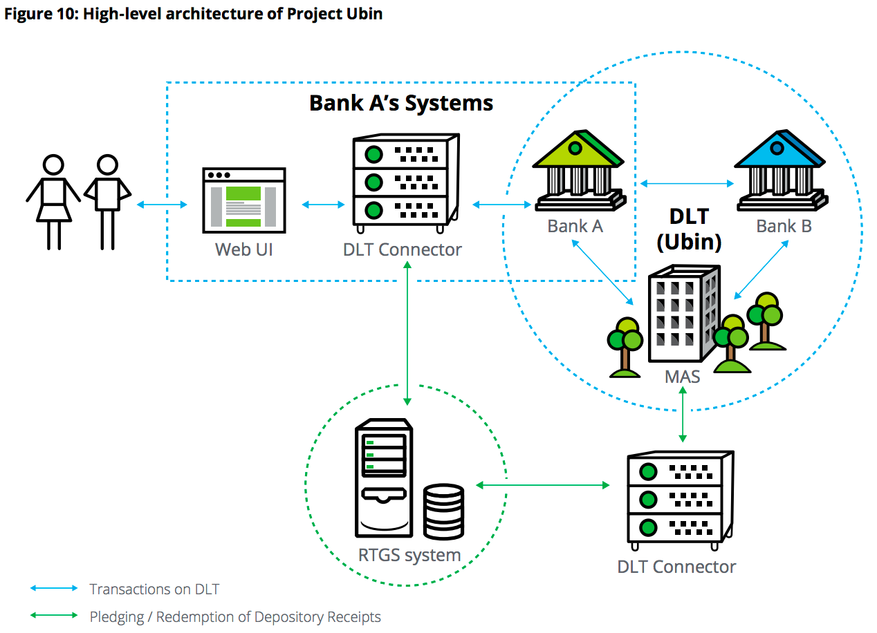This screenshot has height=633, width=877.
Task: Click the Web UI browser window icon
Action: click(x=244, y=200)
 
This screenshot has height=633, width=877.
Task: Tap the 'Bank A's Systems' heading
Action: click(x=401, y=103)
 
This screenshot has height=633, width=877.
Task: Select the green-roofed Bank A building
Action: click(x=579, y=170)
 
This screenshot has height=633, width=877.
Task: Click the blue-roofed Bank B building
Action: click(x=781, y=170)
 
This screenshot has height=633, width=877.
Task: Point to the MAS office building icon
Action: click(x=684, y=314)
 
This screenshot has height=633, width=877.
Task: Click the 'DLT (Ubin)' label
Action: click(x=689, y=229)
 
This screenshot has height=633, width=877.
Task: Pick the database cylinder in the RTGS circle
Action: click(x=443, y=511)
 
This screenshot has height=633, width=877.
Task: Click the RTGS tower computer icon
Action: click(x=384, y=478)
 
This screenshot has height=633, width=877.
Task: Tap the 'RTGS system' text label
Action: click(x=409, y=556)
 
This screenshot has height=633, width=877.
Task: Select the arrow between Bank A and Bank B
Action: click(x=687, y=183)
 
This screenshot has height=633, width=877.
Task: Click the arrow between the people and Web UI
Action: click(x=162, y=205)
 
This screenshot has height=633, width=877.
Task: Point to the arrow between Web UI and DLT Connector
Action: click(x=324, y=205)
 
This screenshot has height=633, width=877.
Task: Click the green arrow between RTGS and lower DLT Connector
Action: click(x=543, y=485)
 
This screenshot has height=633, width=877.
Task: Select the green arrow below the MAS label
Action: click(x=683, y=415)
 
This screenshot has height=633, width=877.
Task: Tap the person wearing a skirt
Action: click(x=54, y=202)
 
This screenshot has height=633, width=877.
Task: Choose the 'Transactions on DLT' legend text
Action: click(x=154, y=589)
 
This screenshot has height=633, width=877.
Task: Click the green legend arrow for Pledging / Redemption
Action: click(x=54, y=616)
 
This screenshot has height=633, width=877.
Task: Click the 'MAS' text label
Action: click(x=683, y=377)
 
